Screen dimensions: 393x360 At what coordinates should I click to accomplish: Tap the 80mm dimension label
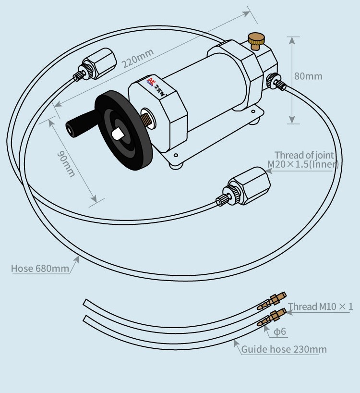coord(308,76)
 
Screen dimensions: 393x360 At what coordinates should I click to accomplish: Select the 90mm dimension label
coord(66,163)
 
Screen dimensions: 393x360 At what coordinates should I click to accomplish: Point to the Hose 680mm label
coord(40,268)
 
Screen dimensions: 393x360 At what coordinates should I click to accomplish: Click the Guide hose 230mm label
coord(284,349)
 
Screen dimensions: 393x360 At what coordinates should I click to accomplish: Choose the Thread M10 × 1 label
coord(320,307)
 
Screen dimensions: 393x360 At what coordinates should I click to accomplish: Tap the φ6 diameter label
coord(280,332)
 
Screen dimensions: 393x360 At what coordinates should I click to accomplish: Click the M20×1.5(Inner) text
coord(303,164)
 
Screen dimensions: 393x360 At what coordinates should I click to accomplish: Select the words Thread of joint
coord(304,155)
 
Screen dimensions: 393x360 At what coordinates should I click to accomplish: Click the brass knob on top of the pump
coord(256,40)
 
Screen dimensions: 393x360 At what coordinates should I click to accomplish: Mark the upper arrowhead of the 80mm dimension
coord(292,38)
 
